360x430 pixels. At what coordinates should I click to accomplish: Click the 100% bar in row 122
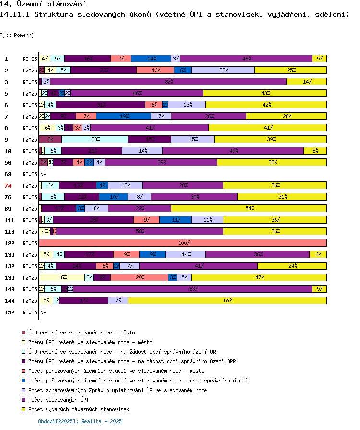pyautogui.click(x=183, y=243)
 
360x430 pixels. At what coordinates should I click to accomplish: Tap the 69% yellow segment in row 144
pyautogui.click(x=228, y=301)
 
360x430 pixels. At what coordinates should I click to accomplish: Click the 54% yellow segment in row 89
pyautogui.click(x=249, y=209)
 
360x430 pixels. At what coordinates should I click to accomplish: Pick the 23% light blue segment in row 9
pyautogui.click(x=95, y=140)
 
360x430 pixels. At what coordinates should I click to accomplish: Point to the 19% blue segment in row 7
pyautogui.click(x=124, y=117)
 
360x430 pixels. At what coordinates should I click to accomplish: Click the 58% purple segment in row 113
pyautogui.click(x=140, y=232)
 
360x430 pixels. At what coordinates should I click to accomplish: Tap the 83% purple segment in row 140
pyautogui.click(x=193, y=289)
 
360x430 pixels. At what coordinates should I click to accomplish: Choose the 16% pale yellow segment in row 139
pyautogui.click(x=62, y=278)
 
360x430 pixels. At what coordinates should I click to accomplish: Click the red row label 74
pyautogui.click(x=8, y=186)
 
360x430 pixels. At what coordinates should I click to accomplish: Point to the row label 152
pyautogui.click(x=9, y=312)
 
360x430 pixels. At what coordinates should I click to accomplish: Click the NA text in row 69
pyautogui.click(x=43, y=174)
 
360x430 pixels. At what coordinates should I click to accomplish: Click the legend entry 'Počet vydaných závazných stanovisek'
pyautogui.click(x=79, y=409)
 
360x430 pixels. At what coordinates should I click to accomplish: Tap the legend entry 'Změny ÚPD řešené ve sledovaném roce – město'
pyautogui.click(x=90, y=342)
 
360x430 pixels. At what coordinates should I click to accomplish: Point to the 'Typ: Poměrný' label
pyautogui.click(x=17, y=35)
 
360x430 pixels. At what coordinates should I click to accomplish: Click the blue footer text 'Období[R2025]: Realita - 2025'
pyautogui.click(x=80, y=421)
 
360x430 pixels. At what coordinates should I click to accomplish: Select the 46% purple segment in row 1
pyautogui.click(x=246, y=59)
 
